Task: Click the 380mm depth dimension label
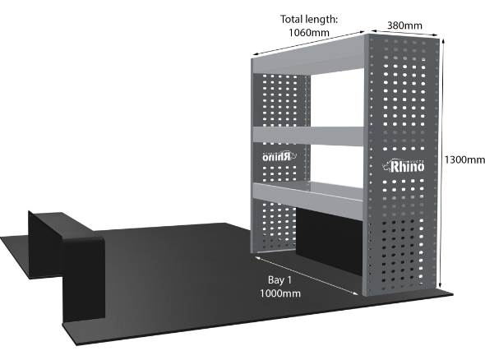click(x=404, y=25)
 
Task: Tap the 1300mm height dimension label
click(x=464, y=159)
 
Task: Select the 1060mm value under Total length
click(x=309, y=32)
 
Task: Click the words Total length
click(x=308, y=19)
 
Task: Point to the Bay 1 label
click(x=279, y=280)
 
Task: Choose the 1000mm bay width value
click(x=280, y=293)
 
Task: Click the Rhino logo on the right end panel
click(x=403, y=166)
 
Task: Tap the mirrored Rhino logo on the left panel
click(x=279, y=156)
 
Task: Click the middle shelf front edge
click(x=308, y=136)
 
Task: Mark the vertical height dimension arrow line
click(x=442, y=164)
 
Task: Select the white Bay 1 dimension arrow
click(x=307, y=275)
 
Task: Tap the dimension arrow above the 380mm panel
click(x=405, y=33)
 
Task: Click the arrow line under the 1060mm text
click(x=308, y=44)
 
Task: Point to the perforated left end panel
click(x=280, y=163)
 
